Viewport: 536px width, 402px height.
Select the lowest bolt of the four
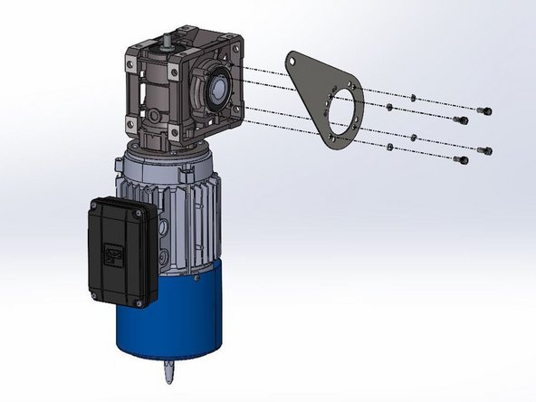point(463,160)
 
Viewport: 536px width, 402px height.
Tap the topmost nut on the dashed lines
point(413,97)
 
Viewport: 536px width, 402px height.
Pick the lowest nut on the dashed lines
point(389,147)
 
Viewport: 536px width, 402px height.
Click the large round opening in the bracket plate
point(341,113)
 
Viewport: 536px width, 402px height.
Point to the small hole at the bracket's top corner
point(295,60)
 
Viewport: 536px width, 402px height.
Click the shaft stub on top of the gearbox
point(169,42)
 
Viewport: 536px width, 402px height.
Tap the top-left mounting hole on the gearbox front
point(130,60)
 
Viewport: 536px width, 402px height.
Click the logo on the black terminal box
point(115,256)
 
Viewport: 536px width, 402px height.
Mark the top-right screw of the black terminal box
point(136,214)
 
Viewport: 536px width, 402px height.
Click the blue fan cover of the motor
point(172,317)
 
